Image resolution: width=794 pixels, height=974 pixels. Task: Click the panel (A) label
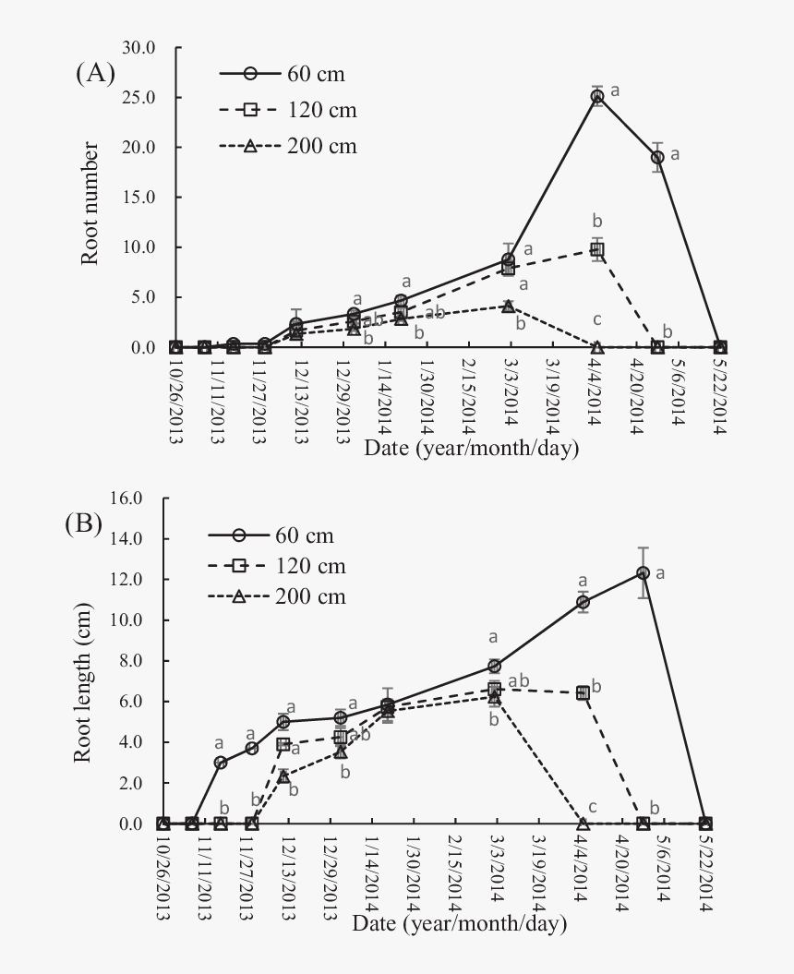point(95,75)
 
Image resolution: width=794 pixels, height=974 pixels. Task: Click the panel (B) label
point(83,524)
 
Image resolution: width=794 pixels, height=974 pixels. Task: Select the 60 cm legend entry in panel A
point(286,74)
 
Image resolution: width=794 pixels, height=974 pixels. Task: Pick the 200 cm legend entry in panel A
point(287,146)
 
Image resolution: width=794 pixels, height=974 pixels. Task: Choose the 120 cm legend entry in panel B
point(276,566)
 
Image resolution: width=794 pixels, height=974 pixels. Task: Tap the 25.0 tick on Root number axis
point(149,97)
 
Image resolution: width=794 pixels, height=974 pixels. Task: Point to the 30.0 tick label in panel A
point(149,47)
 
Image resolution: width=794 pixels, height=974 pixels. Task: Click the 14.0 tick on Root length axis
point(137,538)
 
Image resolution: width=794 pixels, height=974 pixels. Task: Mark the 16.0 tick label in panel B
point(137,498)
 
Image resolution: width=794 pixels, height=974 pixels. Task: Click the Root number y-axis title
point(90,203)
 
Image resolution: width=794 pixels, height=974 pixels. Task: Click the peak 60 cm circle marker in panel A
point(597,96)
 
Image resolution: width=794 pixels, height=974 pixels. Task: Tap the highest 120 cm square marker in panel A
point(597,250)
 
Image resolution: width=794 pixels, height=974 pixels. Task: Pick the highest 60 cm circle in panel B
point(644,573)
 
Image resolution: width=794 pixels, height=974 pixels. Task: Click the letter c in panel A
point(597,320)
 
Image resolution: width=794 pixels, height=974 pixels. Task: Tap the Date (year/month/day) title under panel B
point(459,923)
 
